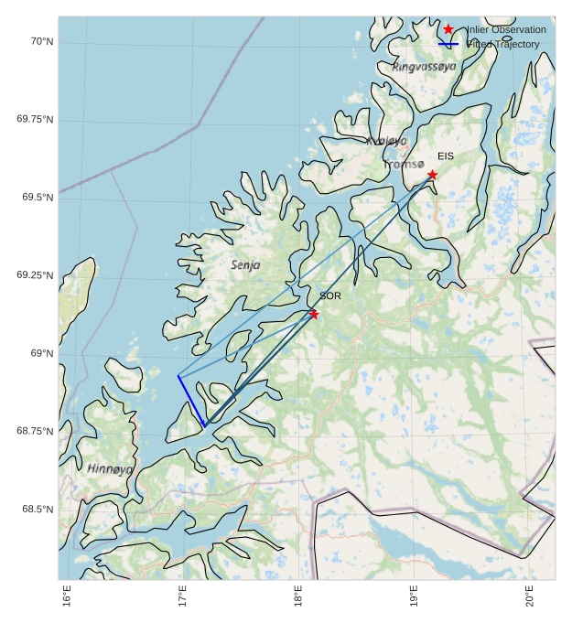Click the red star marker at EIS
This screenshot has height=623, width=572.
pyautogui.click(x=432, y=175)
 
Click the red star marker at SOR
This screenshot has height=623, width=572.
pyautogui.click(x=314, y=314)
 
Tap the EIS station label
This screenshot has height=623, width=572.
pyautogui.click(x=446, y=156)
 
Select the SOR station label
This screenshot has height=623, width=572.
pyautogui.click(x=330, y=296)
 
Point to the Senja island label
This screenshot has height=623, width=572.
pyautogui.click(x=246, y=264)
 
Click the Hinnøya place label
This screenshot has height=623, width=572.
pyautogui.click(x=110, y=468)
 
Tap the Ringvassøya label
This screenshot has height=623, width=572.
pyautogui.click(x=424, y=67)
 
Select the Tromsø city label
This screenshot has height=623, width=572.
pyautogui.click(x=404, y=165)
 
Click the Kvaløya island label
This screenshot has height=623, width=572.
pyautogui.click(x=386, y=141)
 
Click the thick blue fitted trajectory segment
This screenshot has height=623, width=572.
pyautogui.click(x=191, y=401)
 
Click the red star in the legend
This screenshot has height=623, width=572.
pyautogui.click(x=448, y=30)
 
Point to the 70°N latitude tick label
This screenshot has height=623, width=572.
pyautogui.click(x=41, y=41)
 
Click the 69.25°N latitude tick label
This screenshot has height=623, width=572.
pyautogui.click(x=36, y=275)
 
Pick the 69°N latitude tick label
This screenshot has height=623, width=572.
pyautogui.click(x=41, y=353)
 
